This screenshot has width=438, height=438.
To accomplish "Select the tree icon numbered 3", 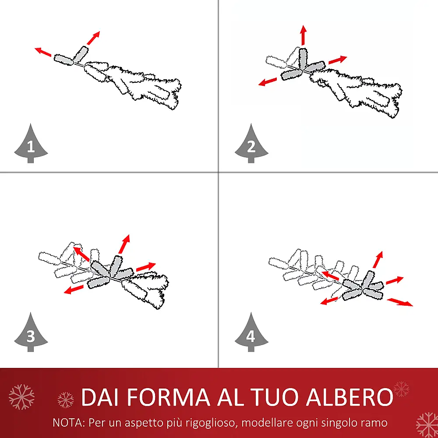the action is click(31, 333).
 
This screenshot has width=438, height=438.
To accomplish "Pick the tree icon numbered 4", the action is click(251, 333).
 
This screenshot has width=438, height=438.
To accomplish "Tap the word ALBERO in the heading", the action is click(350, 397).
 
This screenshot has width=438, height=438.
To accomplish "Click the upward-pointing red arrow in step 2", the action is click(304, 35).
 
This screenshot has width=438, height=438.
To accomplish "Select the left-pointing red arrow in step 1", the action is click(43, 52).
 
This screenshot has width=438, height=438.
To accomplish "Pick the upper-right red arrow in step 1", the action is click(93, 38).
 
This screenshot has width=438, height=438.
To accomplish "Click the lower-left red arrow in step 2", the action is click(268, 82).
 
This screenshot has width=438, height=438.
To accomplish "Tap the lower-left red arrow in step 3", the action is click(74, 290).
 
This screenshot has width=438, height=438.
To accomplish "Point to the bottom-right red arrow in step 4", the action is click(400, 302).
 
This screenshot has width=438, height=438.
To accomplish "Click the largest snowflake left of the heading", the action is click(21, 397).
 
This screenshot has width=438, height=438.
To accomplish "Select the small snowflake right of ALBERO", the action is click(401, 389).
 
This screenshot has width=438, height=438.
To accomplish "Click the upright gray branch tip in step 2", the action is click(303, 58).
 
